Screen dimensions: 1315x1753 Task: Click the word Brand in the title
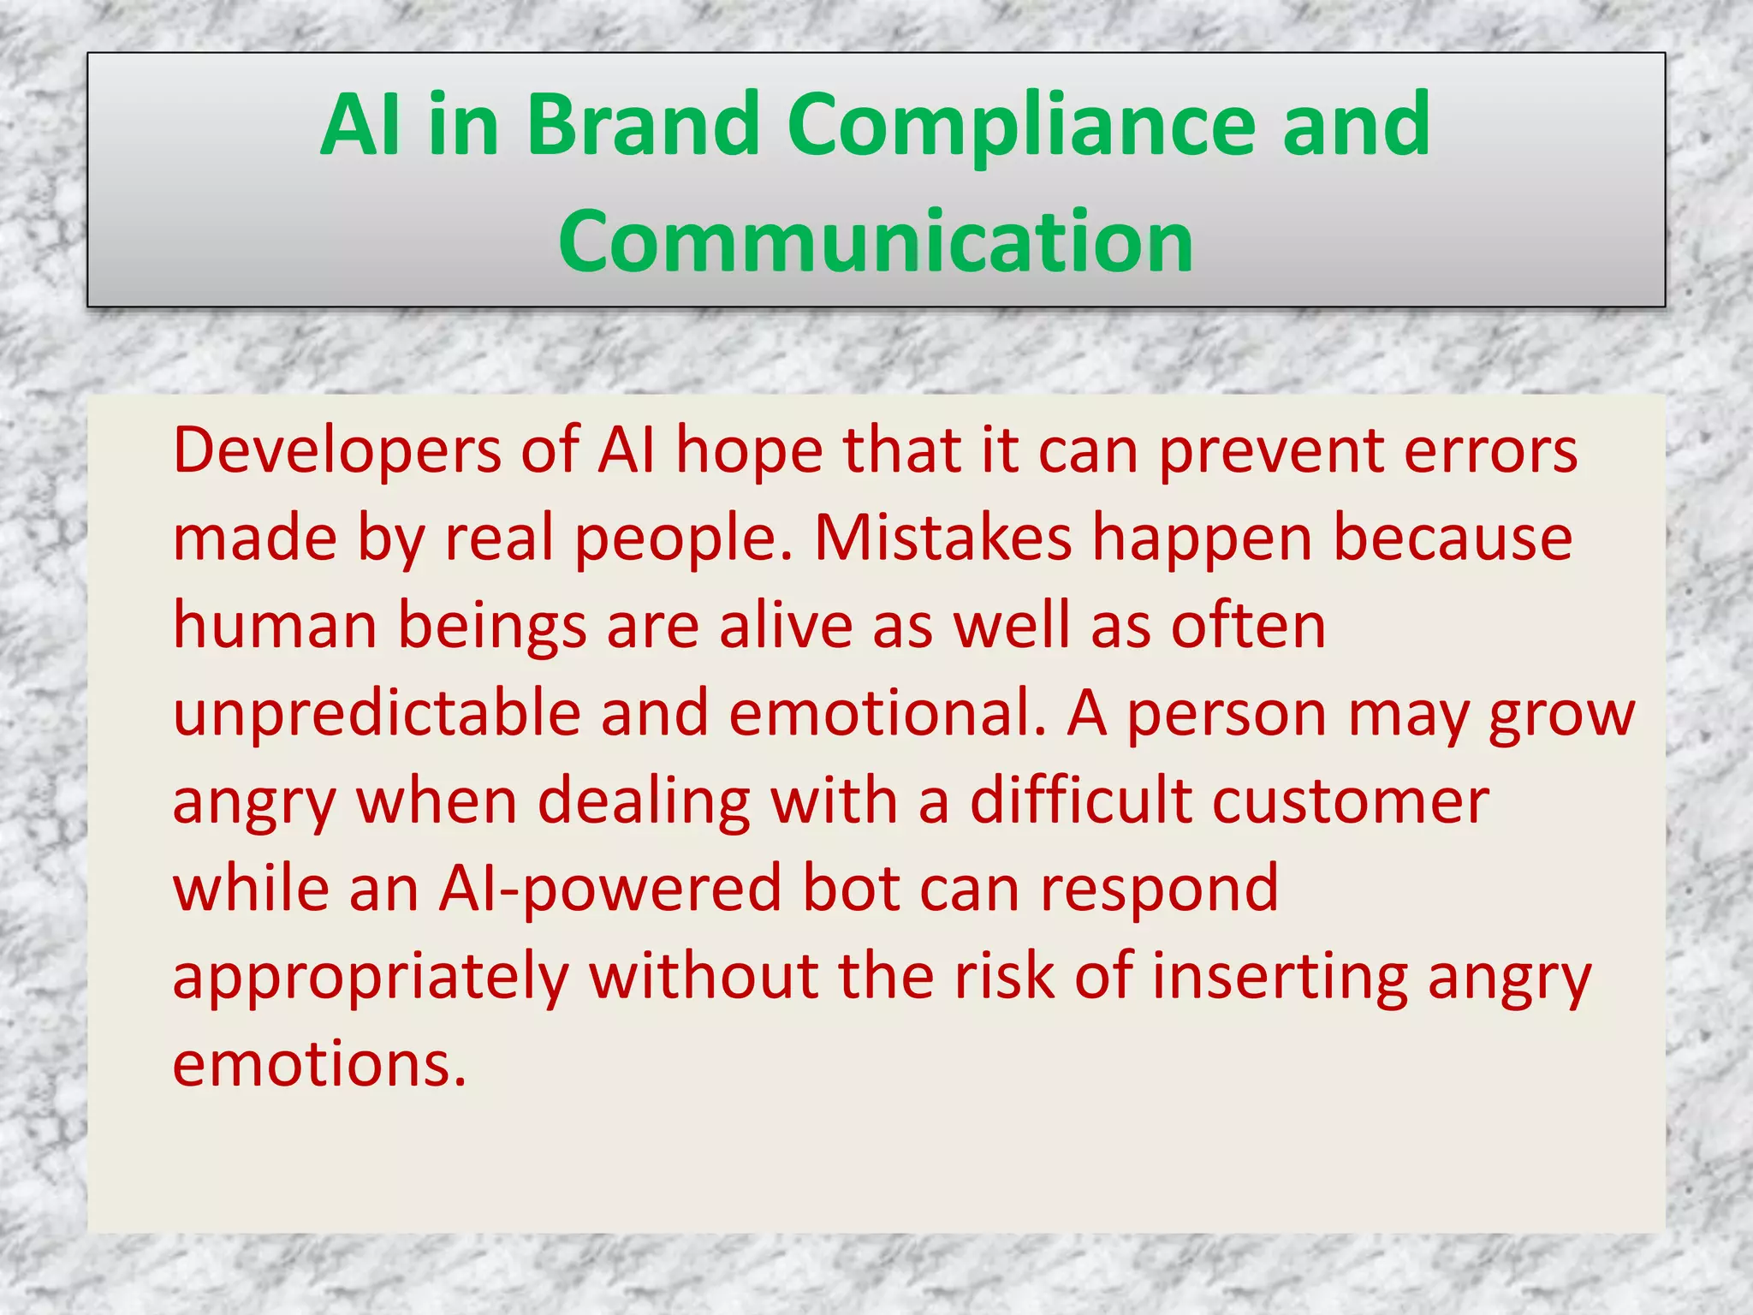pos(643,125)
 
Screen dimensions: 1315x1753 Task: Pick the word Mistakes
pos(942,538)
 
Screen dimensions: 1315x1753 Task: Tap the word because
pos(1453,538)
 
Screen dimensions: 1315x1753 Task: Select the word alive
pos(786,626)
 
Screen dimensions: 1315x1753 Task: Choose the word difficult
pos(1080,801)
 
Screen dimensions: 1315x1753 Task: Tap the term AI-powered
pos(609,889)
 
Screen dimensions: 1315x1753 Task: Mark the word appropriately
pos(371,977)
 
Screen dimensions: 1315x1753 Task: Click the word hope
pos(749,450)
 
